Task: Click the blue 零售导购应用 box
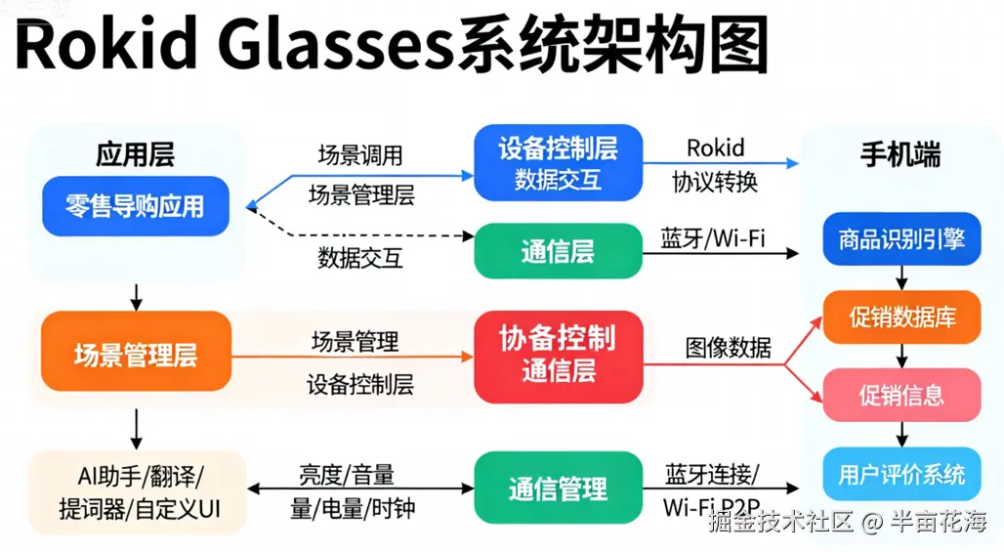136,206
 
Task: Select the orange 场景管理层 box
136,352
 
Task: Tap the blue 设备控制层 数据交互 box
559,163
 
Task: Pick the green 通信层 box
559,251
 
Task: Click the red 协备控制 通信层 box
559,357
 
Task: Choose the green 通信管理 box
559,488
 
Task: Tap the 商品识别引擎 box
901,238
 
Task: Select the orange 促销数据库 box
901,317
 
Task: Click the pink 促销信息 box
901,395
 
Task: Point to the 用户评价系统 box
901,474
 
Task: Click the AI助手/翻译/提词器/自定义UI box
138,492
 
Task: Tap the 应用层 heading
135,155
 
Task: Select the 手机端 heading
900,155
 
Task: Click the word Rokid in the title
105,46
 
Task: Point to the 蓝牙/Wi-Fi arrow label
713,238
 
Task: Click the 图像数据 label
728,348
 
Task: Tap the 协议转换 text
715,183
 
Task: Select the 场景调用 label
360,155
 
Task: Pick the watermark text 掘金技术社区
781,522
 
